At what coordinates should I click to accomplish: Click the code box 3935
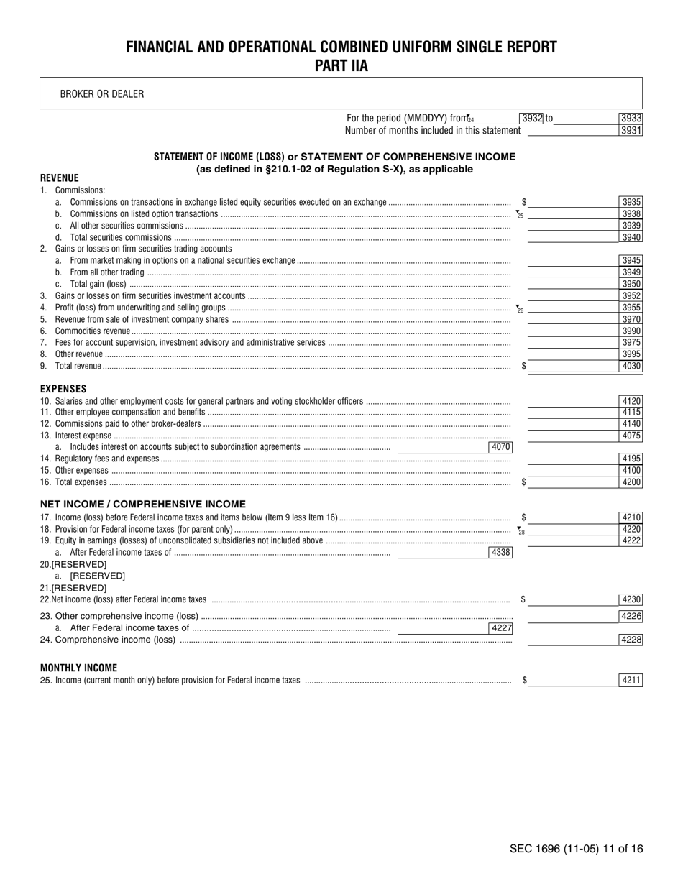631,203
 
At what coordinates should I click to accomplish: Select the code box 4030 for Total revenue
631,366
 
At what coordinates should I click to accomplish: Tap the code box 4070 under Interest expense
500,447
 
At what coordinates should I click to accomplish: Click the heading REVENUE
60,178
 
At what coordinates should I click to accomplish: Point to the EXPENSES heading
63,389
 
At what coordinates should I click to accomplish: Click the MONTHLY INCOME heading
78,668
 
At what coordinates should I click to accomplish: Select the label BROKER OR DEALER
102,94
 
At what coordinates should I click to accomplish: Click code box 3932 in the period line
531,119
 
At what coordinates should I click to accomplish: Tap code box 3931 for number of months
631,131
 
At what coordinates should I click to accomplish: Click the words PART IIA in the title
341,66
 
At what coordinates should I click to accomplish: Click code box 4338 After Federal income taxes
500,553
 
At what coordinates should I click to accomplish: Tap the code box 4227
500,628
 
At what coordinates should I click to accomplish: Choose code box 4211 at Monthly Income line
631,680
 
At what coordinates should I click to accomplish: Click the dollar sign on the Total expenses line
523,482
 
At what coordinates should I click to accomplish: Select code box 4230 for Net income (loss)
631,599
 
